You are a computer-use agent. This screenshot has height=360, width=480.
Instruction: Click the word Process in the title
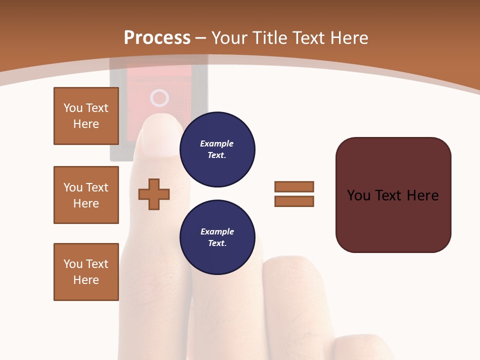pyautogui.click(x=157, y=38)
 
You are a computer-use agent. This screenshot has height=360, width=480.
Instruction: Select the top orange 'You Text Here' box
pyautogui.click(x=86, y=116)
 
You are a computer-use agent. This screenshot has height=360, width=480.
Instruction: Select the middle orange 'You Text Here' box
pyautogui.click(x=86, y=195)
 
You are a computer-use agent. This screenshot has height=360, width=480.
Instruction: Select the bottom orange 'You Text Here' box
pyautogui.click(x=86, y=272)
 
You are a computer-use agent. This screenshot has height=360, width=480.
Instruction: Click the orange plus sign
pyautogui.click(x=154, y=194)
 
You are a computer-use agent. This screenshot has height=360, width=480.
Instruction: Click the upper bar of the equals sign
pyautogui.click(x=294, y=186)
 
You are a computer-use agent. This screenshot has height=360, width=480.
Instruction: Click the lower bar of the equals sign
pyautogui.click(x=294, y=201)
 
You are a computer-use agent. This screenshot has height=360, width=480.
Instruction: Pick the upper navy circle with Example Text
pyautogui.click(x=217, y=149)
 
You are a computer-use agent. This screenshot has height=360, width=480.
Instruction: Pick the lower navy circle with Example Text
pyautogui.click(x=217, y=237)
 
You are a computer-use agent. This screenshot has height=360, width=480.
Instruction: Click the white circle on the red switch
pyautogui.click(x=159, y=98)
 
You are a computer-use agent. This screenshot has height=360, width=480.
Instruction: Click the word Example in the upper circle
pyautogui.click(x=217, y=143)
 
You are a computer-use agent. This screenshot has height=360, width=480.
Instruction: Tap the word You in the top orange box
pyautogui.click(x=72, y=108)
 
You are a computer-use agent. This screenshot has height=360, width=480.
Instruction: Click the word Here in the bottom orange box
pyautogui.click(x=86, y=280)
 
